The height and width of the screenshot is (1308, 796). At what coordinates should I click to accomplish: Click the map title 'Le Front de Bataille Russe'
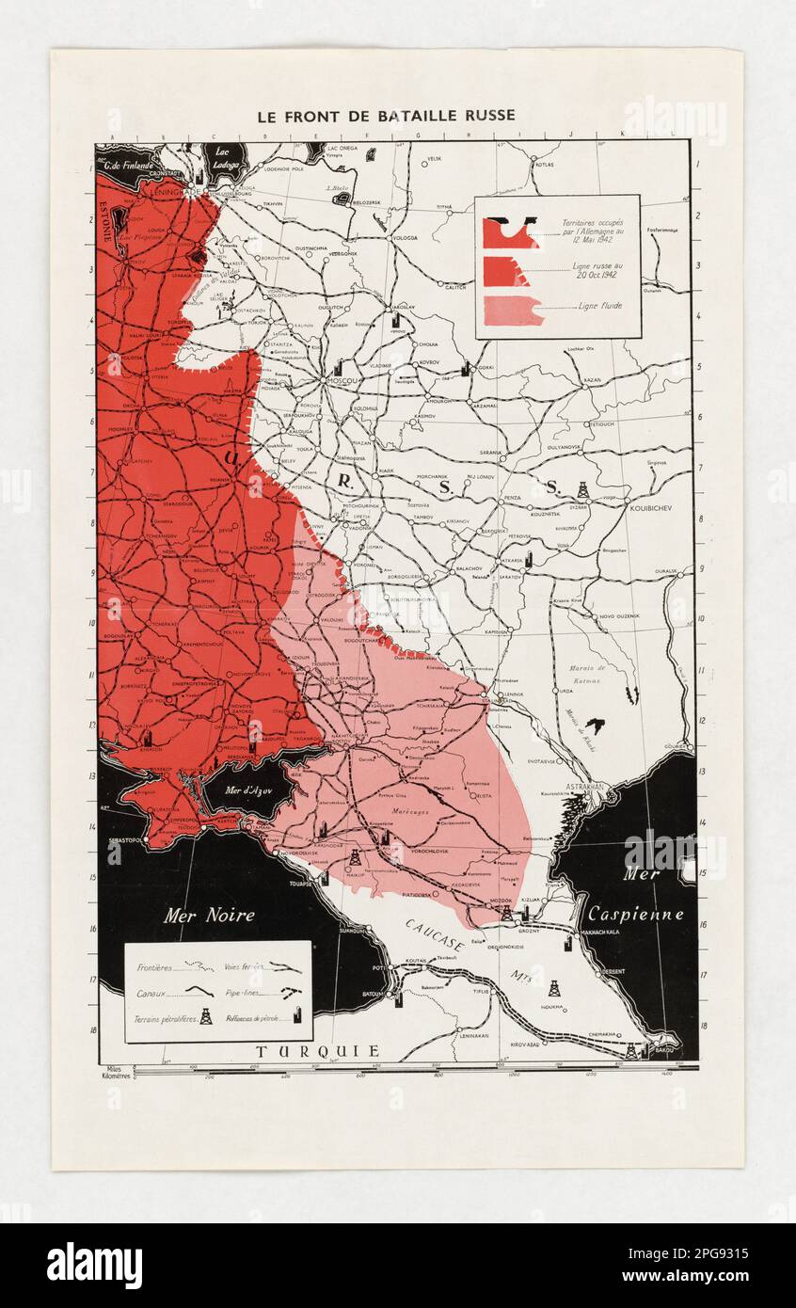(386, 116)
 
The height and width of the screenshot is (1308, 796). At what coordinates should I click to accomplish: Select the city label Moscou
(343, 381)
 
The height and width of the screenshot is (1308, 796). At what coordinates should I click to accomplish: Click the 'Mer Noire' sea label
(208, 915)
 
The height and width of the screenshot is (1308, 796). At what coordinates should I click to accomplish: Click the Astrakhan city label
(584, 785)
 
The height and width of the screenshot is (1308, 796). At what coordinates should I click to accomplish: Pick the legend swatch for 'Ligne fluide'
(513, 310)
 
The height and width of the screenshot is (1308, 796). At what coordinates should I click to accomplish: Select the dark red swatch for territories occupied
(509, 231)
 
